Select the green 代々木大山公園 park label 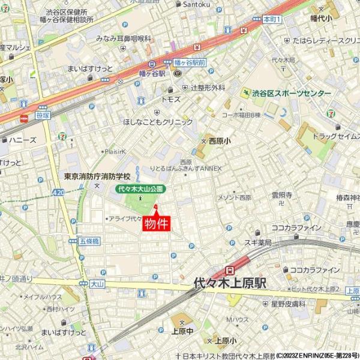(140, 189)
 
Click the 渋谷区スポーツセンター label (291, 94)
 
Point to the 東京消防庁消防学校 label (97, 178)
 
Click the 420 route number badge (58, 192)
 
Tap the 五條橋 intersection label (88, 241)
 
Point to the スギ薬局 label (258, 243)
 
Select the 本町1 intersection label (272, 20)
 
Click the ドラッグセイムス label (337, 137)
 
